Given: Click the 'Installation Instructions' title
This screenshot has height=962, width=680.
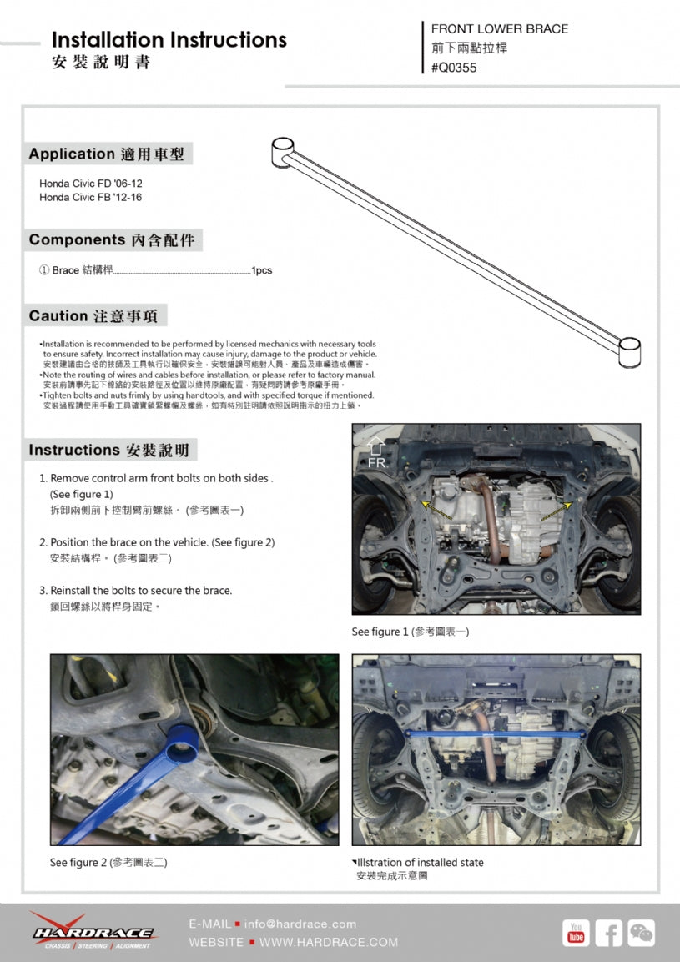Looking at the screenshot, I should tap(169, 40).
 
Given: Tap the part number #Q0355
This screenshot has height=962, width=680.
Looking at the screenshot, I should tap(454, 68).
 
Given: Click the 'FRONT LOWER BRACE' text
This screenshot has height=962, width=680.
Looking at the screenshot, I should tap(499, 28).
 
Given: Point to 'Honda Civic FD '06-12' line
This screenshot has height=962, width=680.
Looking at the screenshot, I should tap(84, 183).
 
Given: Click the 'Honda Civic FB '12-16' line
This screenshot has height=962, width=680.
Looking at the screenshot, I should tap(84, 198).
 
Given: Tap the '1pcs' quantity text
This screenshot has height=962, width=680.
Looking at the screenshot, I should tap(262, 270).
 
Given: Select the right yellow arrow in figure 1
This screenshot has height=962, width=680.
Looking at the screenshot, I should tap(556, 510).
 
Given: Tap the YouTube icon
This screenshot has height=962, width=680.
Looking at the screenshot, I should tap(576, 933).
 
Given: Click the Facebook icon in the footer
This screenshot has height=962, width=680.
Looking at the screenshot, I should tap(608, 933).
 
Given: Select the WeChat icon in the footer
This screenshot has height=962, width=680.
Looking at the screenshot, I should tap(641, 933).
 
